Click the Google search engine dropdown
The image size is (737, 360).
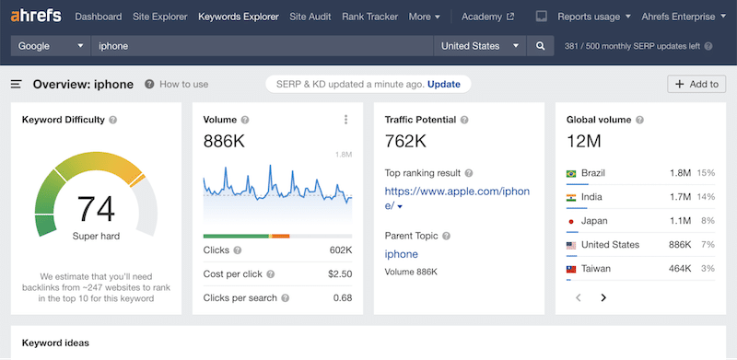click(x=50, y=46)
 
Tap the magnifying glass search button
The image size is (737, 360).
click(x=541, y=46)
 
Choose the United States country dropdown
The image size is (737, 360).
click(x=479, y=46)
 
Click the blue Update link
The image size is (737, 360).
click(x=443, y=84)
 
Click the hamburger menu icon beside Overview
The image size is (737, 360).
click(x=17, y=85)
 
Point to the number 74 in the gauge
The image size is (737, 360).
click(x=96, y=209)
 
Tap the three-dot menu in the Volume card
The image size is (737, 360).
click(x=345, y=120)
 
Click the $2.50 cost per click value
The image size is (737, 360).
click(x=339, y=273)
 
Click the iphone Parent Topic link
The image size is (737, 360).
click(x=401, y=254)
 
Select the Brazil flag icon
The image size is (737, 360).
click(x=571, y=173)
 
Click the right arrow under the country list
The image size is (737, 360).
click(x=603, y=297)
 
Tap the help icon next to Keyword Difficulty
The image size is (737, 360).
click(x=113, y=120)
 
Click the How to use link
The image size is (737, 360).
click(x=183, y=85)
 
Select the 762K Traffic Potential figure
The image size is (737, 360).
click(x=405, y=142)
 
